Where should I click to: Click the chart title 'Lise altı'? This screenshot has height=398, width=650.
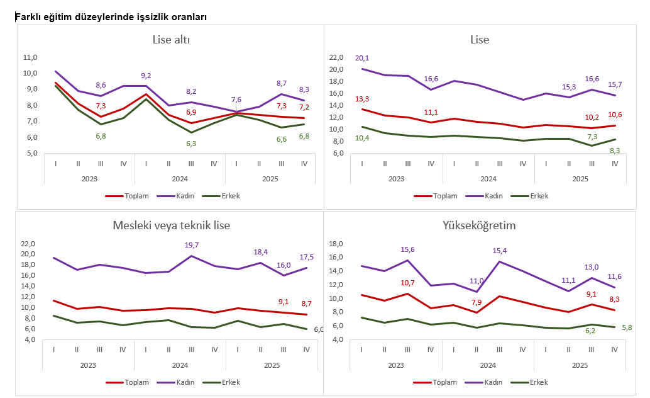pos(171,40)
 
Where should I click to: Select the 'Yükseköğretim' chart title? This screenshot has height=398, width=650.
pos(479,225)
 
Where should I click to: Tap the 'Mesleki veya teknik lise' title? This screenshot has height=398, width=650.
pos(171,225)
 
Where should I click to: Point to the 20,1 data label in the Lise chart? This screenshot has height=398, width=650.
pos(362,58)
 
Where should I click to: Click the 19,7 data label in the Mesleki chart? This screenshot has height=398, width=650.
pos(191,245)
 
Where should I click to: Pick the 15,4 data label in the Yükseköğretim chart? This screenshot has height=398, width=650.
pos(499,251)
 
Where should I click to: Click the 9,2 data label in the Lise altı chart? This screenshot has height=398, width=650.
pos(146,76)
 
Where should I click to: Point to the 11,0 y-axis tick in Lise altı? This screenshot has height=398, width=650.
pos(30,57)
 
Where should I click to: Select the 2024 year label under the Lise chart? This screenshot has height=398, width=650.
pos(488,179)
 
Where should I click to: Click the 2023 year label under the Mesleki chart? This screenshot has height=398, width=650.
pos(89,365)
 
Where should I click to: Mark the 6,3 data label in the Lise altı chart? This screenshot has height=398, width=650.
pos(191,144)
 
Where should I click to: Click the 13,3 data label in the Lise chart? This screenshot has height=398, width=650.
pos(362,99)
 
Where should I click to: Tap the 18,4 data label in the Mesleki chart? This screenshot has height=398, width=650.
pos(260,252)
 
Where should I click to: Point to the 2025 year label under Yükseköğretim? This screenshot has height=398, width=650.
pos(580,365)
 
